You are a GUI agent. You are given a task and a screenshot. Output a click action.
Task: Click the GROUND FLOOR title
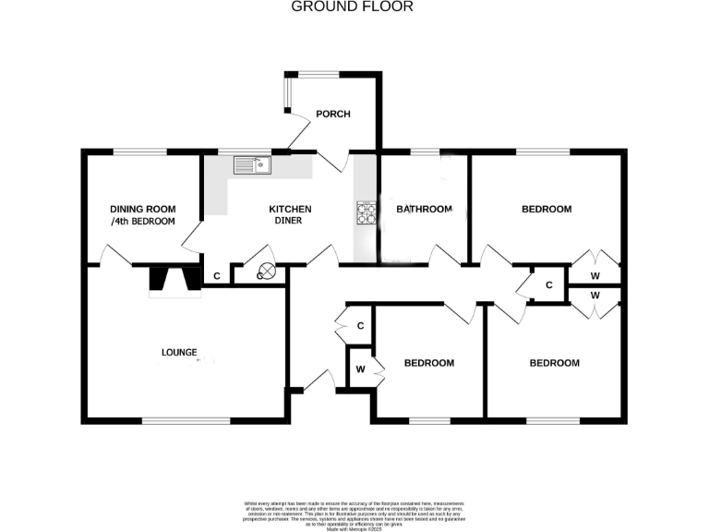(353, 6)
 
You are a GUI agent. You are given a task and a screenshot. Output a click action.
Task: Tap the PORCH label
(332, 114)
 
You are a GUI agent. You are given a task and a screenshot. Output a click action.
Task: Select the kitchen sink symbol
(250, 165)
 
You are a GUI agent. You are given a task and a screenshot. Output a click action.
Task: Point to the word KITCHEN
(290, 209)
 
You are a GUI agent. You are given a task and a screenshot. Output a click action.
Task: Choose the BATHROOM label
(425, 210)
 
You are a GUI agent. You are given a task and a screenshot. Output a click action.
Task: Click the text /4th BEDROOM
(143, 222)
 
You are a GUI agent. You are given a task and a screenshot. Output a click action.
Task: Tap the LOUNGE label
(179, 352)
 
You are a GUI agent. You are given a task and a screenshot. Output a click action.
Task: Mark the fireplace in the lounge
(174, 281)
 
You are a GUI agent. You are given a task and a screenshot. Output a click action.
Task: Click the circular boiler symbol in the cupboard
(267, 272)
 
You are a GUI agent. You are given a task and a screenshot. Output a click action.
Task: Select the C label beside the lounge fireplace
(217, 275)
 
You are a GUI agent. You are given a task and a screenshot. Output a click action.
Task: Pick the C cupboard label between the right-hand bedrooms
(548, 284)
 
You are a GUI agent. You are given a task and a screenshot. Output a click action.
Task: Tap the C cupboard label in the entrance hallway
(360, 326)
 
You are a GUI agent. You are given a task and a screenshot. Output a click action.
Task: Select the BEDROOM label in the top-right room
(547, 210)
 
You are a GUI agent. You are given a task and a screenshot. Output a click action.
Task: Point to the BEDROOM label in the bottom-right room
(554, 363)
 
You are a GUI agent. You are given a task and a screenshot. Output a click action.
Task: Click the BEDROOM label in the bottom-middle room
(429, 363)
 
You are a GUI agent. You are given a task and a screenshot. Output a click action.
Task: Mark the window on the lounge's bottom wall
(186, 421)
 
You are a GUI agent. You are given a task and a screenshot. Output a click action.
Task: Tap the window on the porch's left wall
(286, 93)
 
